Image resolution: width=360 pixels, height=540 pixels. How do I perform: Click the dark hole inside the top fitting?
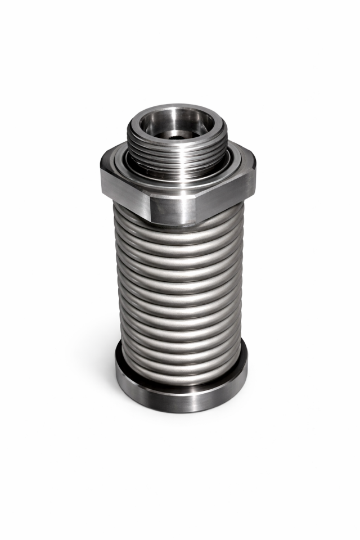click(x=178, y=137)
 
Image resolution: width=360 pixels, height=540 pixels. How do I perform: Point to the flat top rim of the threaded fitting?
click(x=135, y=120)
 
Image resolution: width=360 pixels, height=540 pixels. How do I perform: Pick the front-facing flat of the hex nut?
click(x=174, y=208)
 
